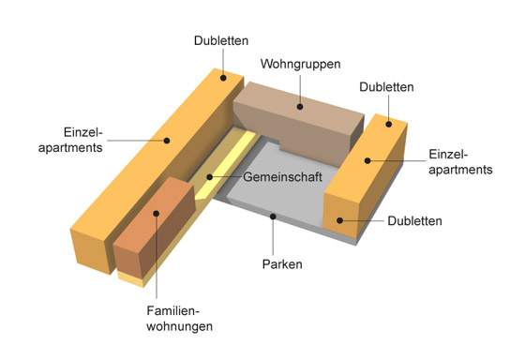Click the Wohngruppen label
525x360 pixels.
[300, 64]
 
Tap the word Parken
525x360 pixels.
[282, 264]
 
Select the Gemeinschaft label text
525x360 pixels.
[282, 177]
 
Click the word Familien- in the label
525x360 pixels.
[173, 310]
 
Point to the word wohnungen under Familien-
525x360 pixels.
[179, 326]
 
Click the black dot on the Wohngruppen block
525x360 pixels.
[300, 107]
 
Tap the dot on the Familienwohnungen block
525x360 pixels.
[156, 214]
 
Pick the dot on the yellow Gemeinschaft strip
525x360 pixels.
[210, 177]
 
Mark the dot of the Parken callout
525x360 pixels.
[273, 217]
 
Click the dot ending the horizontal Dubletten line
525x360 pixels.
[339, 220]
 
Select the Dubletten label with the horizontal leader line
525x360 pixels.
[414, 221]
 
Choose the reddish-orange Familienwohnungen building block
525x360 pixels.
[154, 228]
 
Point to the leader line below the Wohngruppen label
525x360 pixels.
[300, 89]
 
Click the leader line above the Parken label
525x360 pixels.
[273, 237]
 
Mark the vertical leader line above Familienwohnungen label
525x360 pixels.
[156, 257]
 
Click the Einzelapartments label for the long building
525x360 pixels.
[70, 140]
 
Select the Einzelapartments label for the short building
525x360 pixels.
[460, 162]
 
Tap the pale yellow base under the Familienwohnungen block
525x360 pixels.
[131, 279]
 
